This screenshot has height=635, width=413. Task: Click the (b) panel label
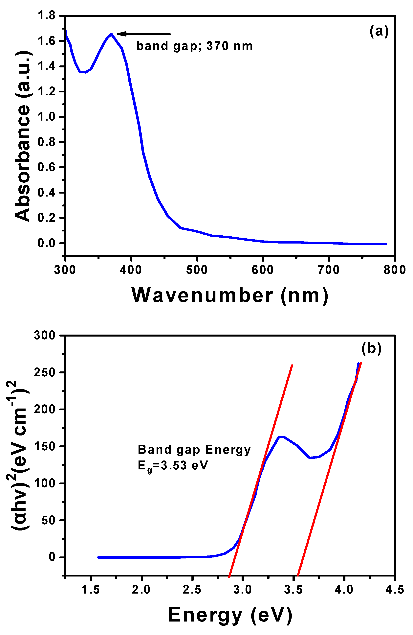click(x=371, y=348)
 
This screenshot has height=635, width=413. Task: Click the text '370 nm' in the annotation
click(x=229, y=46)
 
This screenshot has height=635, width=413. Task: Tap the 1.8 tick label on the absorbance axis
click(x=46, y=16)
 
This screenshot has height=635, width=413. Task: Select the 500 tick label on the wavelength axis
click(x=197, y=270)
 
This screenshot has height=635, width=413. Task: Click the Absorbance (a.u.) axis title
click(x=22, y=136)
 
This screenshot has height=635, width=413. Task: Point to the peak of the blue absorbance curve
click(x=111, y=34)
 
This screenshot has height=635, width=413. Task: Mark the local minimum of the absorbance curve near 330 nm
click(x=85, y=72)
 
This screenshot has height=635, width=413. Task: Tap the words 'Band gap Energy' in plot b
click(x=194, y=450)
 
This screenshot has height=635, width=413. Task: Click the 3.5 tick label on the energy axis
click(x=293, y=590)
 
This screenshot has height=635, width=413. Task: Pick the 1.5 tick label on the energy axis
click(x=91, y=590)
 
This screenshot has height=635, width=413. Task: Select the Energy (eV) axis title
click(x=230, y=615)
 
